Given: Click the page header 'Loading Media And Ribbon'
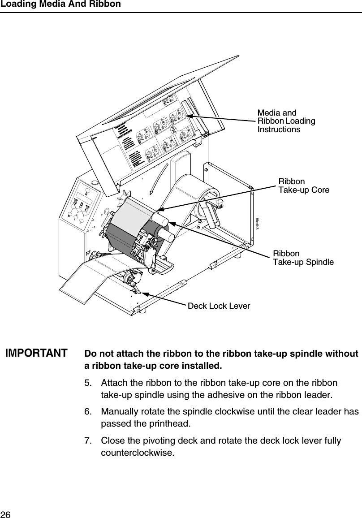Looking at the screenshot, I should (60, 4).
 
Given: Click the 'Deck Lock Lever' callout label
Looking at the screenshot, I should (219, 306).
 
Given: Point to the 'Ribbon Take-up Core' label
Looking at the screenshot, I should (304, 186).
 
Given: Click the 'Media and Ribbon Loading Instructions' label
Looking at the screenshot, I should (286, 121).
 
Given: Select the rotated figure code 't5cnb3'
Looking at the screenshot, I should (257, 224).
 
